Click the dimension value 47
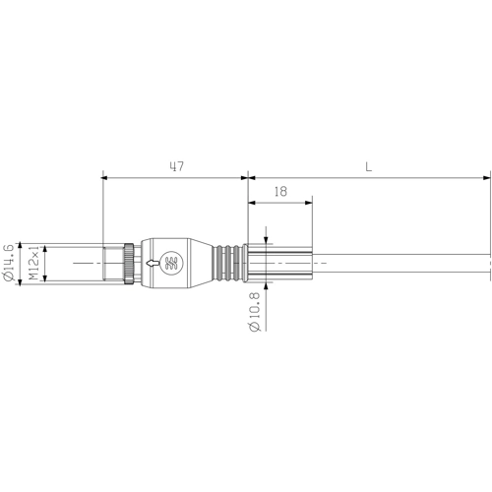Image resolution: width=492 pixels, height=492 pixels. coord(176,167)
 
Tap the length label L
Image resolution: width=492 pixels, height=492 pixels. coord(368,167)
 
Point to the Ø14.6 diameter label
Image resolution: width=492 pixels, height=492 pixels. coord(9,264)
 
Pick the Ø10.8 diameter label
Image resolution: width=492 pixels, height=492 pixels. coord(255,314)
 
